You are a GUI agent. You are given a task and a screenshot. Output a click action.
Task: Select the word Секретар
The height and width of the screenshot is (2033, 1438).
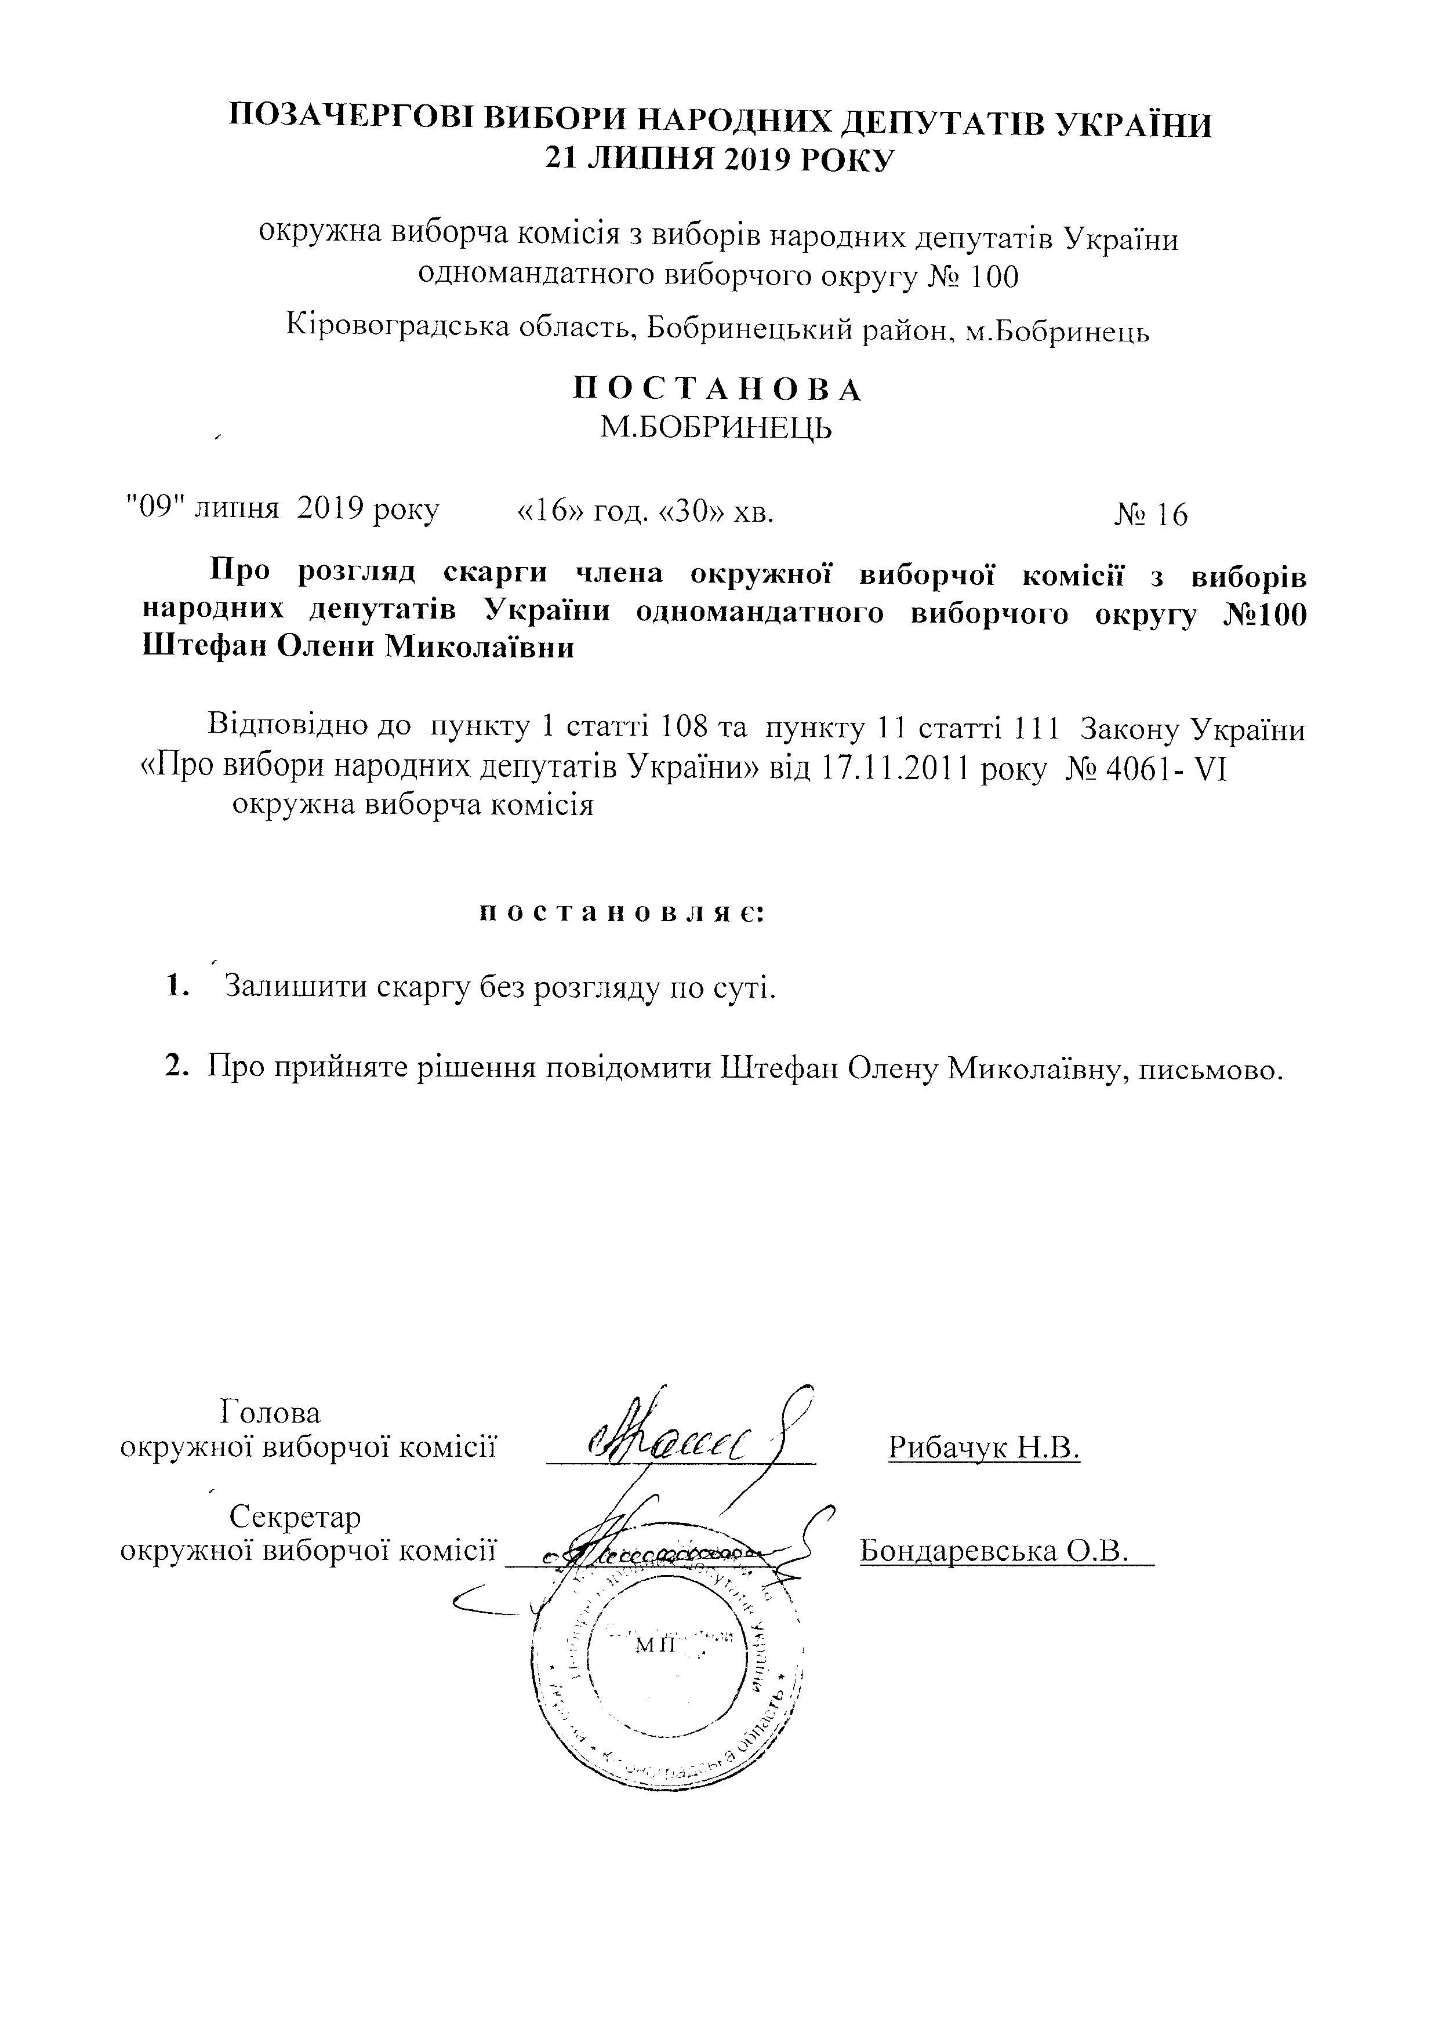coord(295,1517)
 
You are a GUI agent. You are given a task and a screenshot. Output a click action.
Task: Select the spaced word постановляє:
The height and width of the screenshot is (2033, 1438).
coord(620,913)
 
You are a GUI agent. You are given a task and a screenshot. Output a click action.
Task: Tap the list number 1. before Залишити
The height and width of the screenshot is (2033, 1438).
coord(178,985)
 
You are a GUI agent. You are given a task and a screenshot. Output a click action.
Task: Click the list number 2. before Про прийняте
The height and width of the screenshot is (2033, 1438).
coord(178,1067)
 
